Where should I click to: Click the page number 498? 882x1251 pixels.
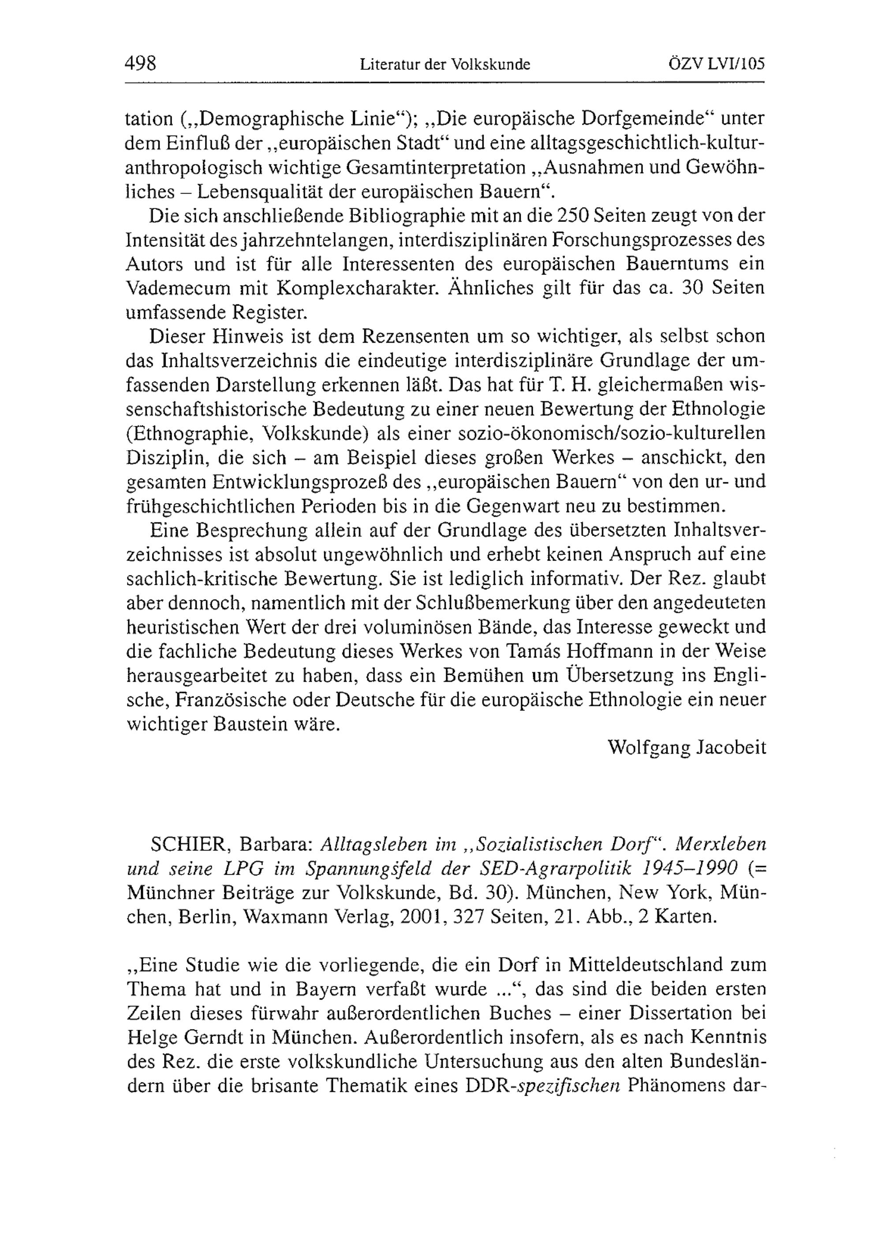[x=141, y=64]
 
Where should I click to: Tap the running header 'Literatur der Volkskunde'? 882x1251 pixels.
[x=445, y=65]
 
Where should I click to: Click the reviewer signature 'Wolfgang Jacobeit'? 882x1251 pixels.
[x=687, y=747]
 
